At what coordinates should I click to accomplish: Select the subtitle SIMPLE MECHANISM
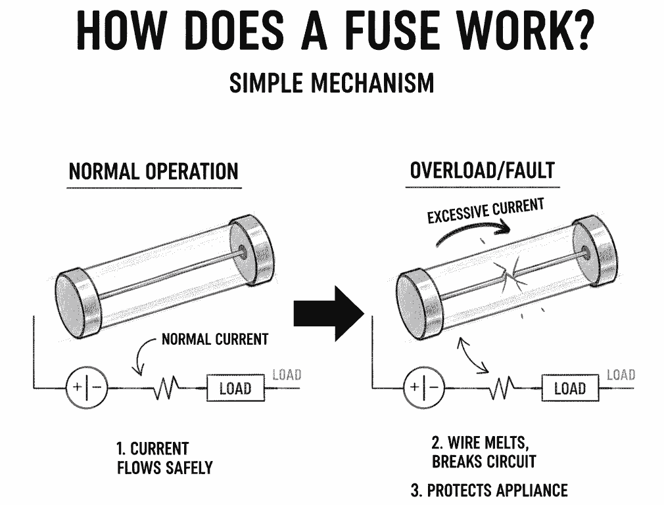pyautogui.click(x=331, y=83)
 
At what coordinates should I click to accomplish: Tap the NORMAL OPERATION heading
pyautogui.click(x=154, y=172)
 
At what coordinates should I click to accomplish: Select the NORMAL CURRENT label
pyautogui.click(x=215, y=340)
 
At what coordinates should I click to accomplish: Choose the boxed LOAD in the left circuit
pyautogui.click(x=235, y=388)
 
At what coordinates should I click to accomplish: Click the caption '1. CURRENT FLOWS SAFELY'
pyautogui.click(x=164, y=458)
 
